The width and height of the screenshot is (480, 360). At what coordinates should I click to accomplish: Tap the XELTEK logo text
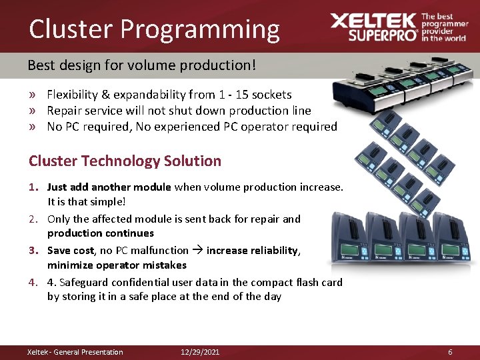point(373,21)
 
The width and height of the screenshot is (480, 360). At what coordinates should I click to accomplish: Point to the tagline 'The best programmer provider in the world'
point(444,27)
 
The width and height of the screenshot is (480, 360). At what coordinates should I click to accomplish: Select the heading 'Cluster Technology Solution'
point(125,161)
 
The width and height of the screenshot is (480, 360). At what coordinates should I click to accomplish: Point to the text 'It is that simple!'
point(87,201)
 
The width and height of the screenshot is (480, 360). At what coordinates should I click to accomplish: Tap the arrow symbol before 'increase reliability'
point(197,251)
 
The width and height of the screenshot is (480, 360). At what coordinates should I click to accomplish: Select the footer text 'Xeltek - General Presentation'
point(75,352)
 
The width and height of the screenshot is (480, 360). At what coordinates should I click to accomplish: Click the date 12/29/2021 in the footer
point(200,352)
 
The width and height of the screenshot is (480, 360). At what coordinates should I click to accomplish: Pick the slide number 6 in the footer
point(450,352)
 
